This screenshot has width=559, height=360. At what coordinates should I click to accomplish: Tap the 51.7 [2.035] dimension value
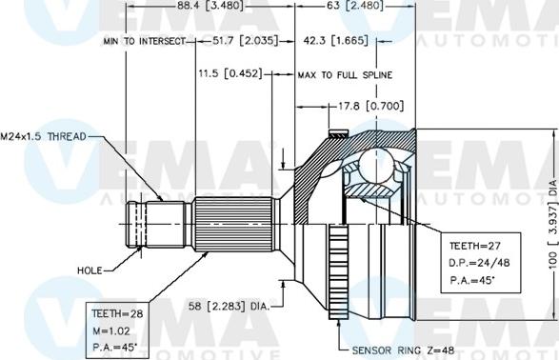[x=234, y=42]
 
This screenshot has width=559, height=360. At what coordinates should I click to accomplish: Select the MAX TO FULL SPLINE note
[x=344, y=73]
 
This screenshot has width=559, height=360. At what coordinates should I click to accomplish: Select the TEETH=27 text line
[x=468, y=244]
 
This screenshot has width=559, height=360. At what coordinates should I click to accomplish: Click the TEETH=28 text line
[x=115, y=311]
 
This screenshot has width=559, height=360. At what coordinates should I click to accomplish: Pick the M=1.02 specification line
[x=110, y=329]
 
